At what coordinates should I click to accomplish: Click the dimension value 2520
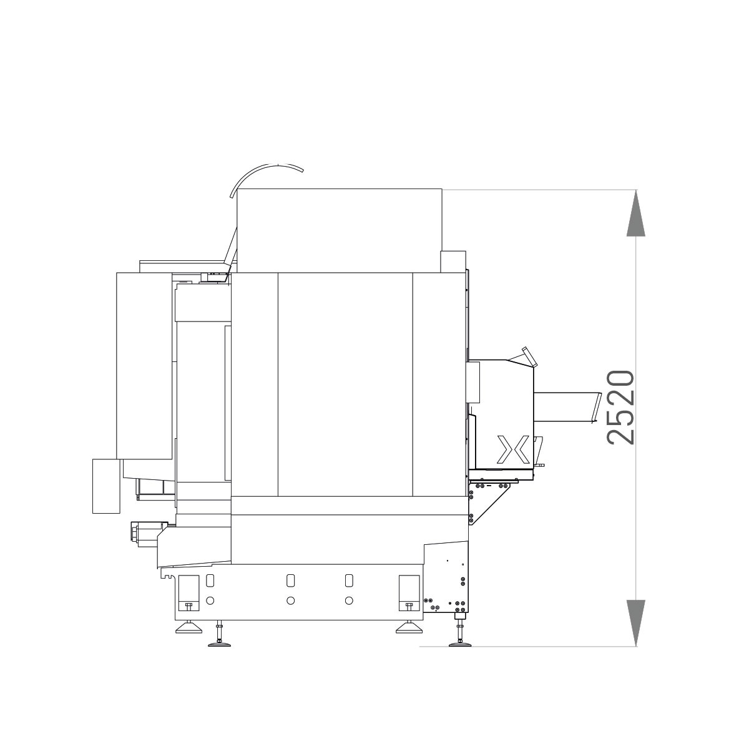[620, 408]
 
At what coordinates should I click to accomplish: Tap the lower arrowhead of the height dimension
[636, 623]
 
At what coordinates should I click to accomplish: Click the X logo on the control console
[514, 449]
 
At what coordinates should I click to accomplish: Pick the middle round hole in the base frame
[290, 600]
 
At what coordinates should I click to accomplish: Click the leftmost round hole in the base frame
[210, 600]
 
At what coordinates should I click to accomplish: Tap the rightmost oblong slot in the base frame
[349, 580]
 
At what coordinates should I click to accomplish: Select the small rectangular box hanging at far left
[106, 486]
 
